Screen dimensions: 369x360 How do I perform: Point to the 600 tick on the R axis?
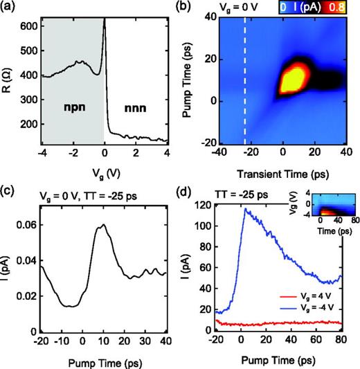pyautogui.click(x=29, y=26)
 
